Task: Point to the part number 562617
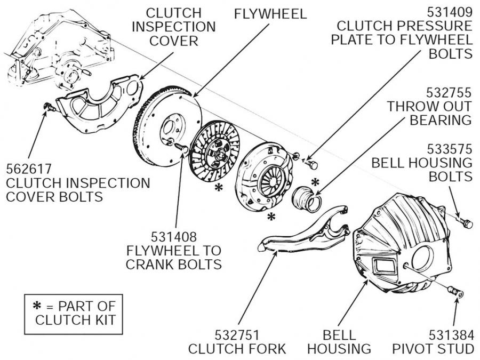pos(29,169)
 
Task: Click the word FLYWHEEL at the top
pos(270,13)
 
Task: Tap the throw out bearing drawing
pos(306,198)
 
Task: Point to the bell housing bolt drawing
pos(466,223)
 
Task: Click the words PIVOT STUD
pos(433,349)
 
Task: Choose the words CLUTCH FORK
pos(237,349)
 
